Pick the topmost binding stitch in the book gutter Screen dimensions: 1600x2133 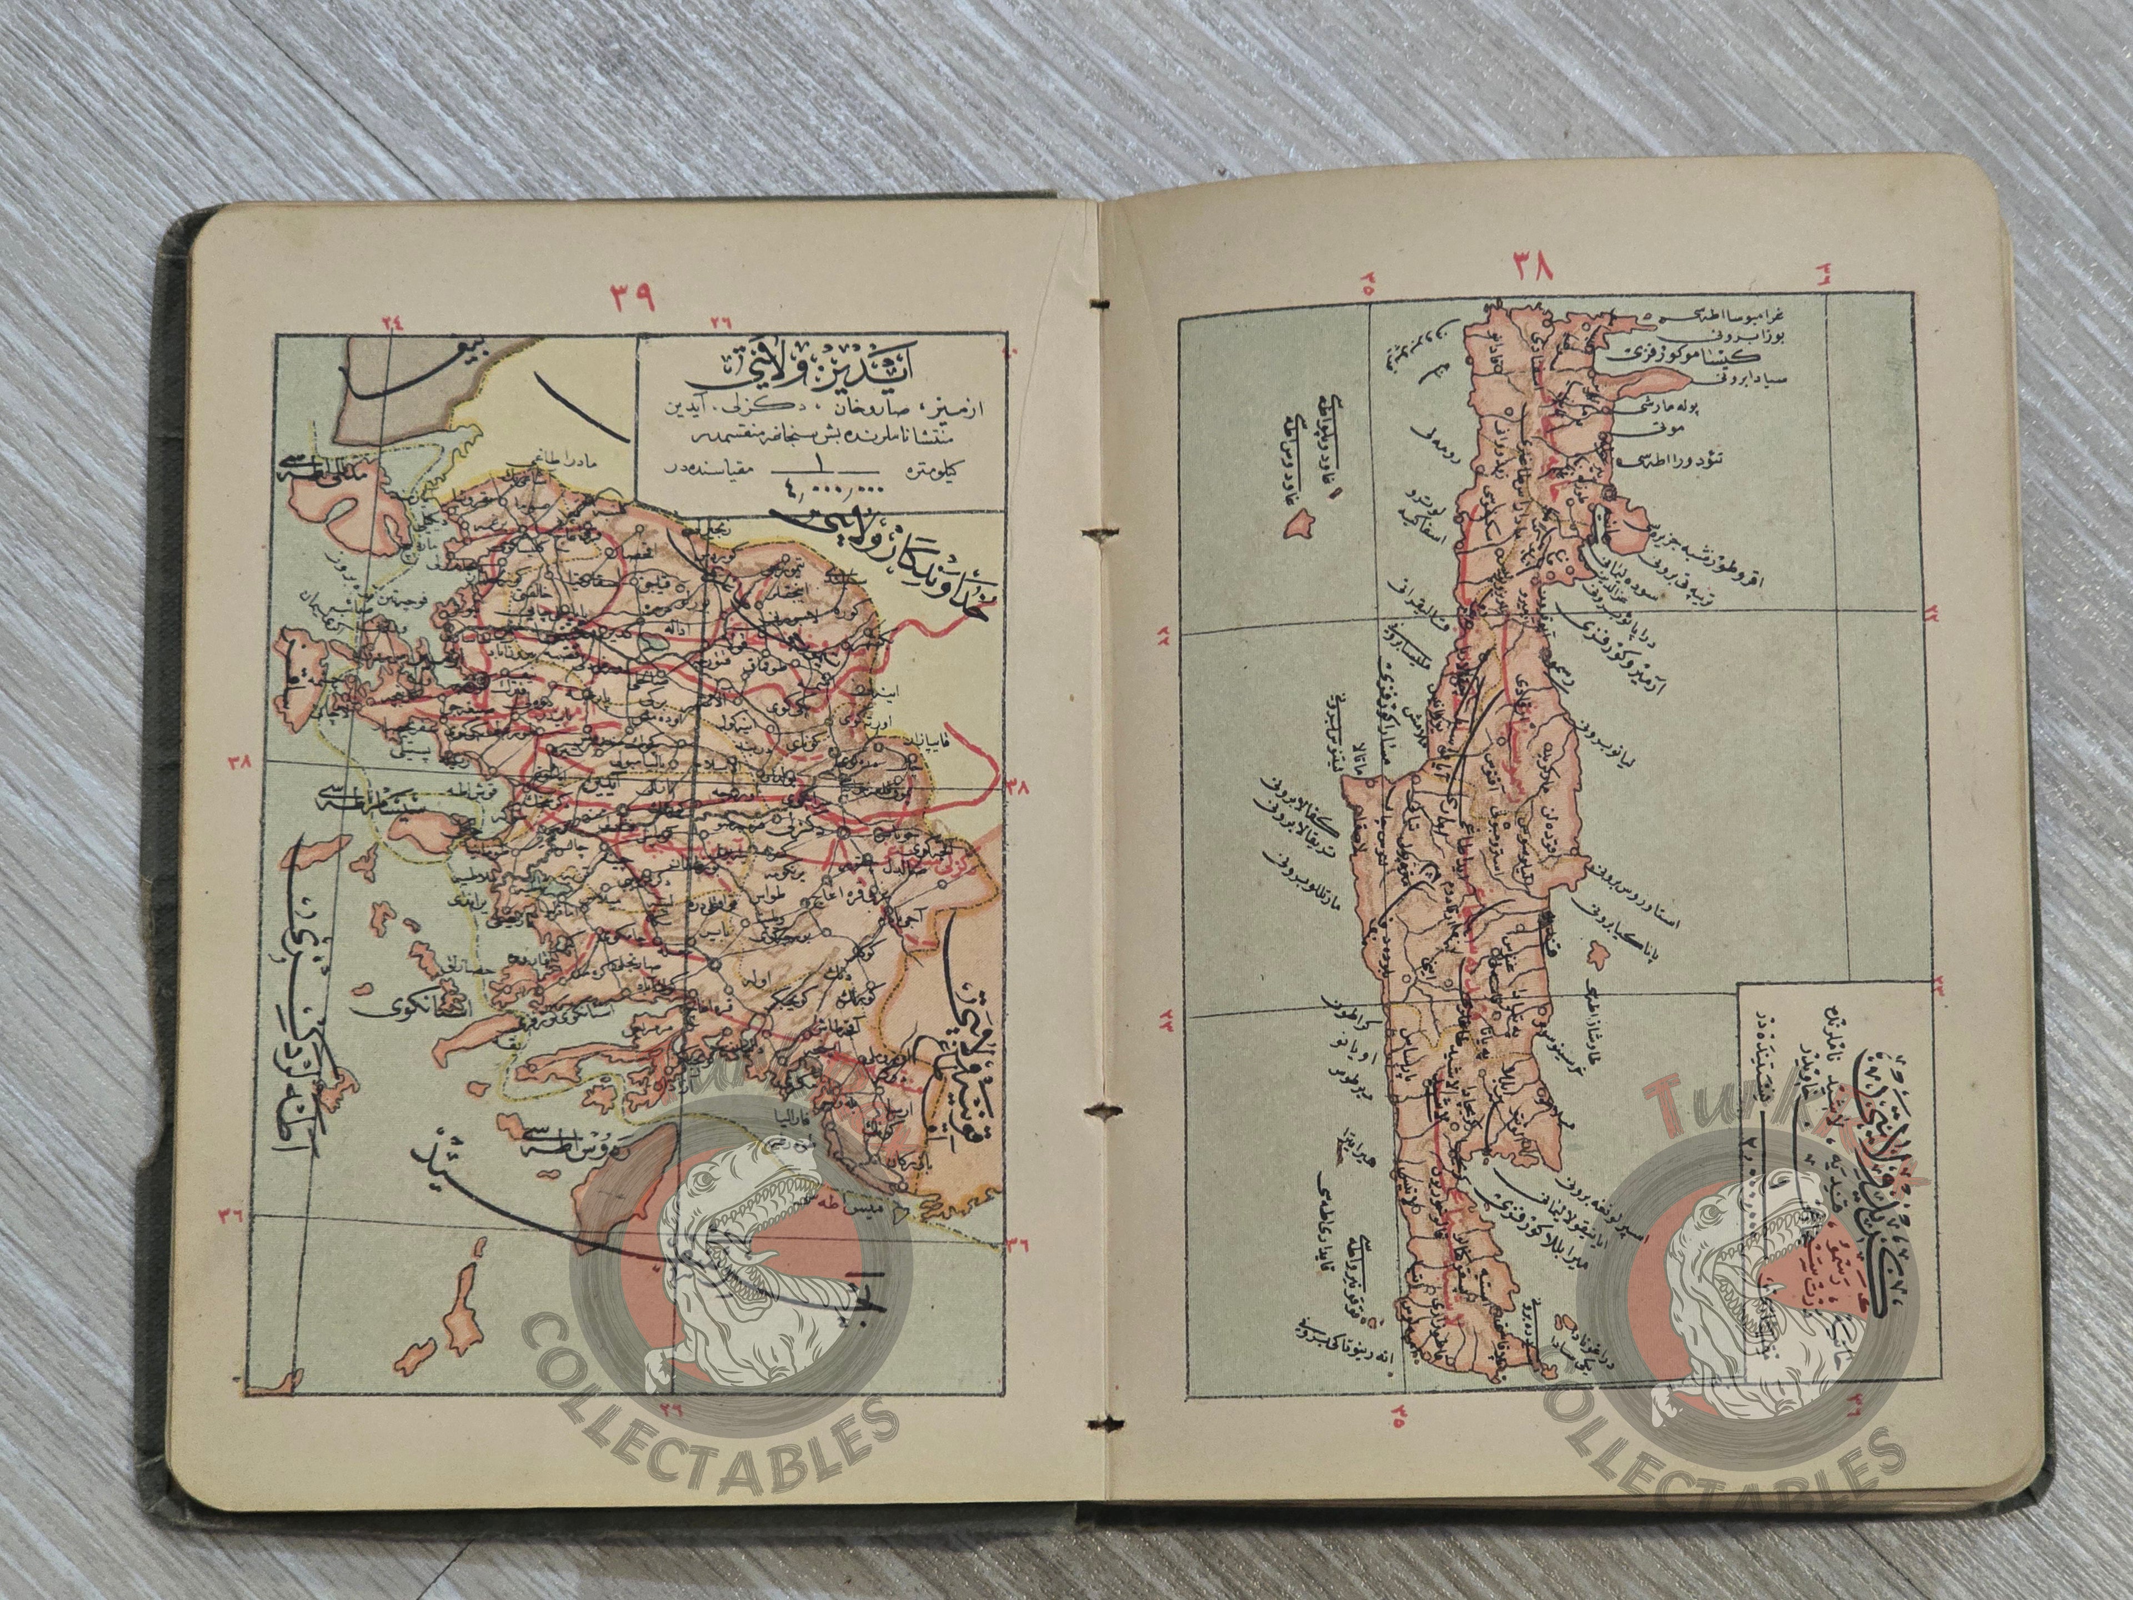pyautogui.click(x=1102, y=305)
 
